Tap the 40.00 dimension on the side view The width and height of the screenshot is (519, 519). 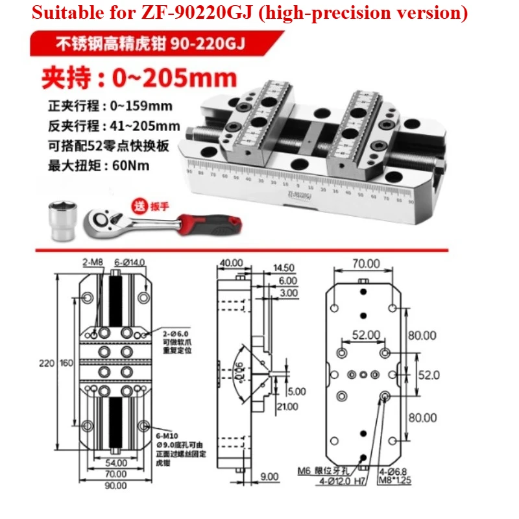click(231, 263)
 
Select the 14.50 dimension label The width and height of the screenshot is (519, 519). click(284, 267)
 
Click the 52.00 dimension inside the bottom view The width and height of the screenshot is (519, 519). click(366, 335)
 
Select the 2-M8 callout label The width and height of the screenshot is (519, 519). click(93, 262)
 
